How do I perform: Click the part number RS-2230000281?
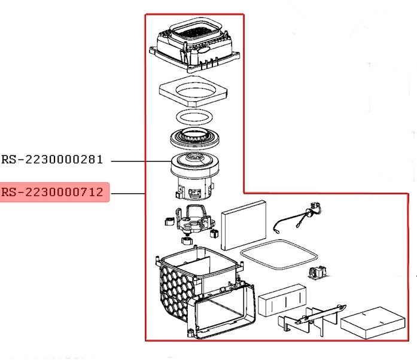pyautogui.click(x=52, y=160)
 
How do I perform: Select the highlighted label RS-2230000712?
pyautogui.click(x=52, y=192)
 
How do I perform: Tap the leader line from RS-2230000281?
pyautogui.click(x=141, y=161)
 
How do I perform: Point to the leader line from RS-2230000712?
pyautogui.click(x=128, y=193)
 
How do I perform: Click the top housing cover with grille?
pyautogui.click(x=195, y=45)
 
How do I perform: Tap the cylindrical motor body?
pyautogui.click(x=193, y=176)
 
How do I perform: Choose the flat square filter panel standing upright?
pyautogui.click(x=243, y=225)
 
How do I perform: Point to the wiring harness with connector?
pyautogui.click(x=298, y=218)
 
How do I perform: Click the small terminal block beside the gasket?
pyautogui.click(x=318, y=273)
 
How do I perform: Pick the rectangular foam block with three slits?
pyautogui.click(x=282, y=300)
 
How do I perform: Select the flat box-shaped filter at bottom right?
pyautogui.click(x=373, y=323)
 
